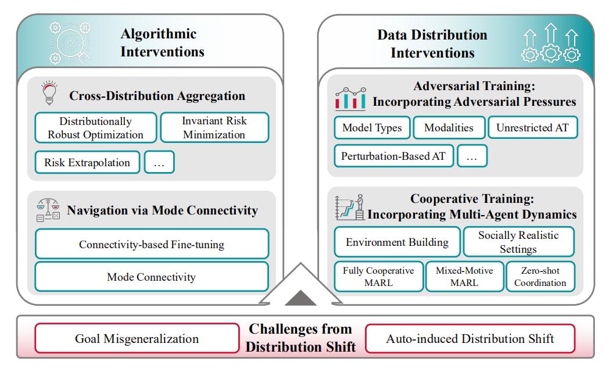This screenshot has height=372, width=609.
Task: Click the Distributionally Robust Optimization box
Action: pyautogui.click(x=95, y=128)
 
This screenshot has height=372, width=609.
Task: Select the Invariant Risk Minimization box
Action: pyautogui.click(x=214, y=128)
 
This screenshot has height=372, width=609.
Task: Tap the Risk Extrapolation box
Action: pyautogui.click(x=87, y=162)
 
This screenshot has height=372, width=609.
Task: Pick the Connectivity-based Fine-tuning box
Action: pyautogui.click(x=152, y=244)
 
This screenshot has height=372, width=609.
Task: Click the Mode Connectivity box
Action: pyautogui.click(x=152, y=277)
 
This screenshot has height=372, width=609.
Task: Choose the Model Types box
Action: pyautogui.click(x=372, y=127)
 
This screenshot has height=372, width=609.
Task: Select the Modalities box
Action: pyautogui.click(x=449, y=127)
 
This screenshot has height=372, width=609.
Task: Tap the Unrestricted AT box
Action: pyautogui.click(x=533, y=127)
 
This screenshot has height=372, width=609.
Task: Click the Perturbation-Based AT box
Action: pyautogui.click(x=393, y=156)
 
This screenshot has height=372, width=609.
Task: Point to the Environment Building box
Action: pyautogui.click(x=397, y=242)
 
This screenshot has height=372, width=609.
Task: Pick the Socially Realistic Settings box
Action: pyautogui.click(x=518, y=242)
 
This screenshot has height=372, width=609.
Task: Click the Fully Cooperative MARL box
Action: pyautogui.click(x=379, y=277)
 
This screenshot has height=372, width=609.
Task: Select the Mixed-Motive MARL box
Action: pyautogui.click(x=464, y=277)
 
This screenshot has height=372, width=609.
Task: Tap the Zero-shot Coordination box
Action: pyautogui.click(x=540, y=277)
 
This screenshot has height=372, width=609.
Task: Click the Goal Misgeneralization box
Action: pyautogui.click(x=137, y=339)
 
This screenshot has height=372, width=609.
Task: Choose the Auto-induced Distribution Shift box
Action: pyautogui.click(x=470, y=339)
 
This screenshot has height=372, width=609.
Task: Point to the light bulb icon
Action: pyautogui.click(x=50, y=92)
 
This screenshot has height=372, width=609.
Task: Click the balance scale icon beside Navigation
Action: pyautogui.click(x=48, y=210)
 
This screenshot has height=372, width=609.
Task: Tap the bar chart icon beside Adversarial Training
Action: pyautogui.click(x=350, y=98)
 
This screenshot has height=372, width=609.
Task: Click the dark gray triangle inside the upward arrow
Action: pyautogui.click(x=300, y=299)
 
